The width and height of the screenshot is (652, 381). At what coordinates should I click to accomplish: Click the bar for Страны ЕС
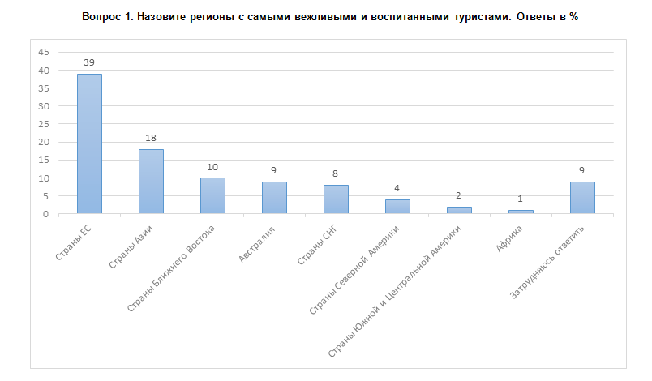89,143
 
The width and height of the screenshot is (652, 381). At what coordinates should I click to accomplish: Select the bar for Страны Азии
151,181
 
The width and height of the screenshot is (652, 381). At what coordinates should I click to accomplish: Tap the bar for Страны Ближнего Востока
212,195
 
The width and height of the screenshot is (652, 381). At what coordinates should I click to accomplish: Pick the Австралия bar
274,197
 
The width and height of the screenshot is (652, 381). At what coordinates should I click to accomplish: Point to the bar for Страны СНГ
336,199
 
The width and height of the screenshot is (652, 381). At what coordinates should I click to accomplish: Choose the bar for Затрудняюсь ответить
582,197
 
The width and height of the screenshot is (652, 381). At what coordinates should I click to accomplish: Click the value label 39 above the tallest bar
89,62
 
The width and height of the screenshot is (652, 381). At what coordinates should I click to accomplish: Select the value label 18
151,138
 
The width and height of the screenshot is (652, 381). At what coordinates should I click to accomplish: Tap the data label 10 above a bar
212,167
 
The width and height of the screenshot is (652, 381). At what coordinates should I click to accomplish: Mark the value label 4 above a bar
397,188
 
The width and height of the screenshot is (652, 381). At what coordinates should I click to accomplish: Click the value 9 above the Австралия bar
274,170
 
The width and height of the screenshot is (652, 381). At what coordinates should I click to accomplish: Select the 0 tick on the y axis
47,214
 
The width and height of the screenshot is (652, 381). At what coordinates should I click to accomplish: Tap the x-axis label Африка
511,240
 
